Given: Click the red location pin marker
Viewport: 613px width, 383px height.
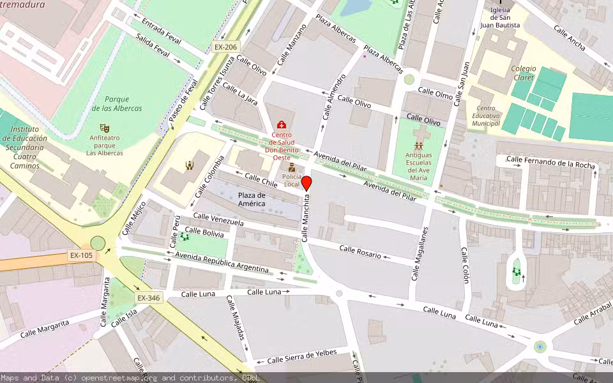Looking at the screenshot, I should (x=306, y=183).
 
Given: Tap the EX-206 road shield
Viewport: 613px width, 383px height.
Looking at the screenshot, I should (x=225, y=47).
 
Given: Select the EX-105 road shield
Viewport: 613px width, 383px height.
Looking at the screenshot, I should (x=81, y=255).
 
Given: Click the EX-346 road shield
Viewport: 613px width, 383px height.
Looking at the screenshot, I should (x=148, y=298).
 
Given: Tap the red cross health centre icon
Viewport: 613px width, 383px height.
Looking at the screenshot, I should (x=282, y=124).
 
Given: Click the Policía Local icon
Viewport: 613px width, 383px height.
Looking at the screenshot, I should (x=292, y=168).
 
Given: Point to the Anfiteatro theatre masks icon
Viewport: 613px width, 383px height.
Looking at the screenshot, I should (x=105, y=128).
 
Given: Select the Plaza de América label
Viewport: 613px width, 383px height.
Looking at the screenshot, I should (x=252, y=199).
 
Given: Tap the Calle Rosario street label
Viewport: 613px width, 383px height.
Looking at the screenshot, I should (x=360, y=252).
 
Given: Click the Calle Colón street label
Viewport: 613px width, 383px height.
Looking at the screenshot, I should (x=465, y=265).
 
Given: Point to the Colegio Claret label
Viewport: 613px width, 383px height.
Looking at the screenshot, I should (x=524, y=73).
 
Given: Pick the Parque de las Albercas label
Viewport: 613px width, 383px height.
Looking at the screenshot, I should (x=116, y=103).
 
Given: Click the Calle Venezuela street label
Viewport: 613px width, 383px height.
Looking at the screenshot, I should (x=218, y=220).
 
